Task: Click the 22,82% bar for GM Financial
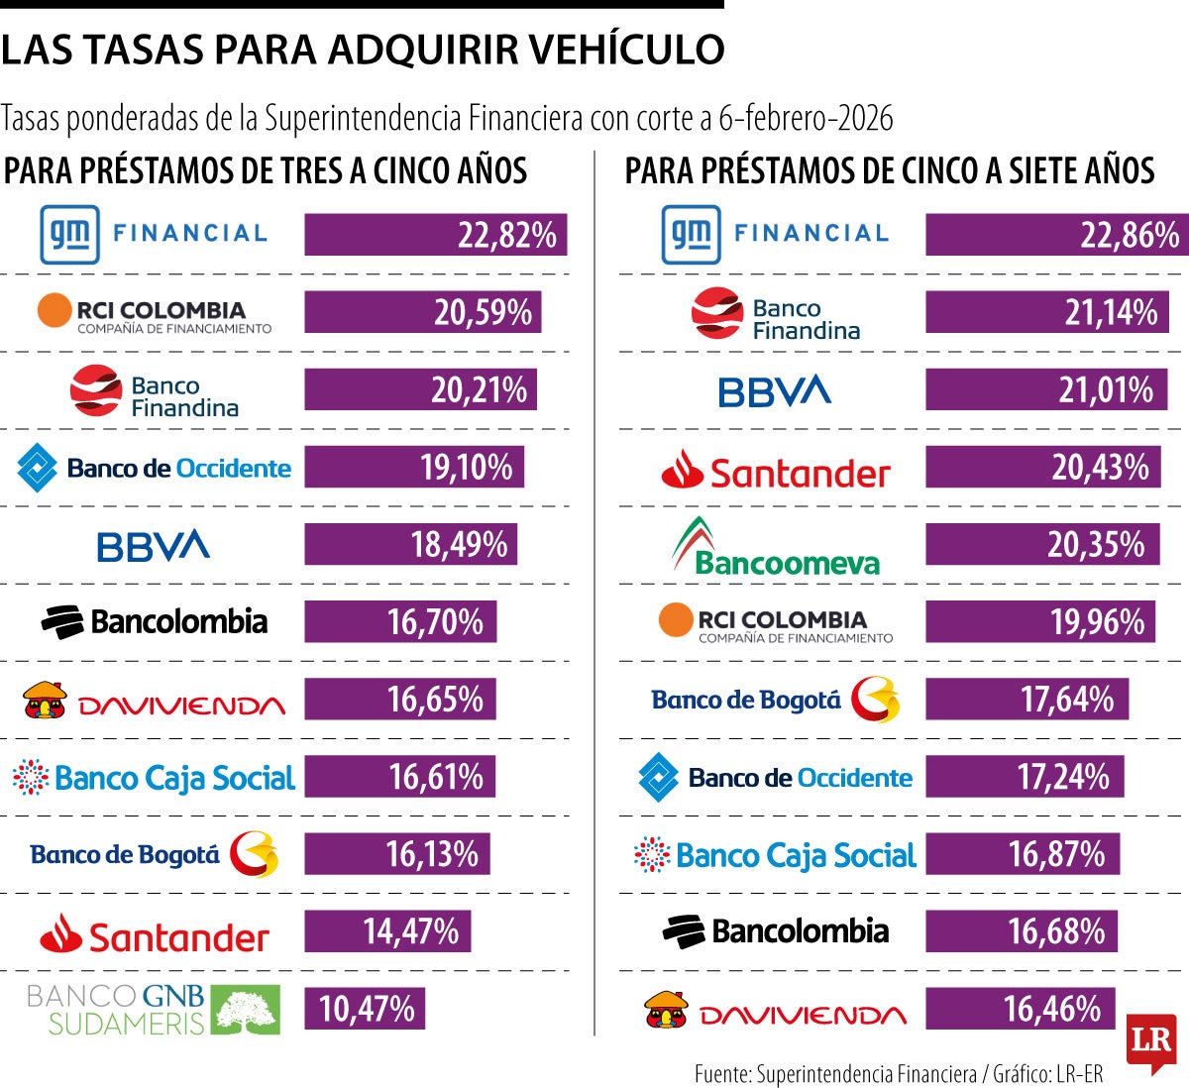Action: [x=435, y=235]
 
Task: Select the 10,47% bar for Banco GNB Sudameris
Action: [x=365, y=1009]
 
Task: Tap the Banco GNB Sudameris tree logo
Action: [x=248, y=1010]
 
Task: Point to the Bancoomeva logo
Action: [x=776, y=547]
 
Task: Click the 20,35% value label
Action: [x=1096, y=545]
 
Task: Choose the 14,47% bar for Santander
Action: [x=387, y=931]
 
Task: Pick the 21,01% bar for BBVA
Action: [x=1045, y=389]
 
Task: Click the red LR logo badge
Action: [x=1151, y=1043]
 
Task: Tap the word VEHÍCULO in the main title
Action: [x=627, y=49]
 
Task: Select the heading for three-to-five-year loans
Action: [x=266, y=170]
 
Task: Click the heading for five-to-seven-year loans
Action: [x=889, y=170]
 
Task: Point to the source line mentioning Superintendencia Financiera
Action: [x=898, y=1074]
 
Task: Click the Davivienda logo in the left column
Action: [x=154, y=700]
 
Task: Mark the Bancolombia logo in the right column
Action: [x=776, y=931]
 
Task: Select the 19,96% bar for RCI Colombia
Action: [x=1039, y=622]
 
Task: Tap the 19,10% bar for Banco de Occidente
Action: [x=413, y=467]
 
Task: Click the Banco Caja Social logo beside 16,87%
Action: [x=776, y=855]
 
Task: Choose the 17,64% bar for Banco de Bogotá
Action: [x=1027, y=700]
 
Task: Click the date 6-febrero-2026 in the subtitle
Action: [x=806, y=119]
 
